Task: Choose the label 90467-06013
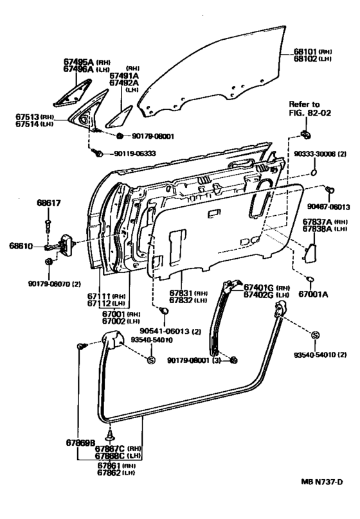[x=328, y=207]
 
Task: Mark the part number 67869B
[x=80, y=443]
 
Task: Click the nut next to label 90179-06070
[x=49, y=261]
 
